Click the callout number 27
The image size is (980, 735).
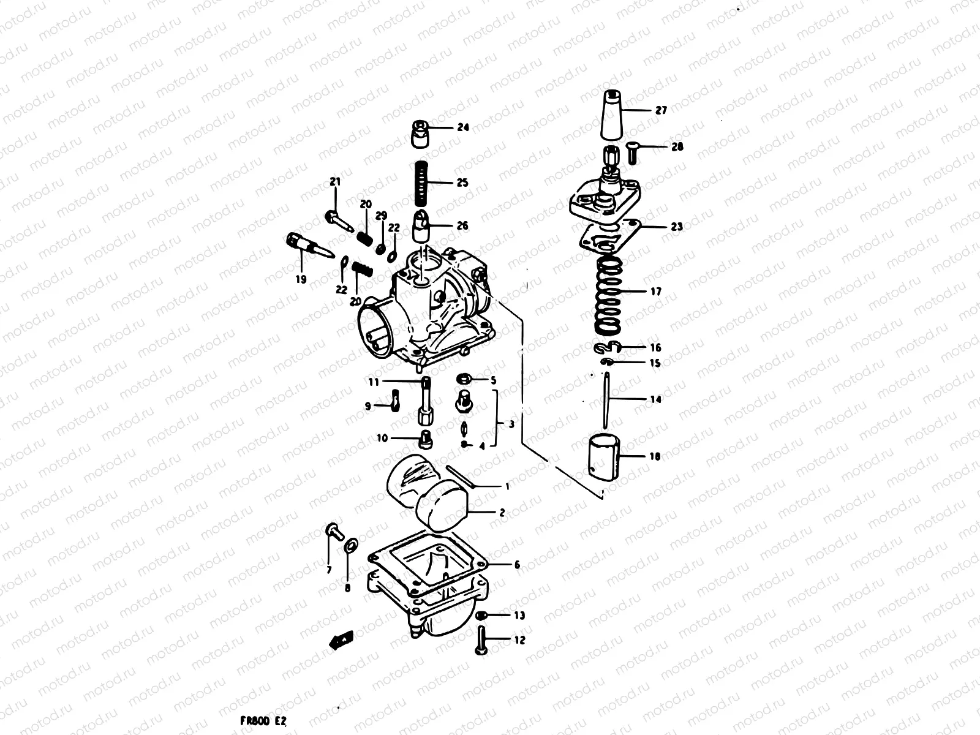pyautogui.click(x=661, y=110)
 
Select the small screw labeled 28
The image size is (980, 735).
pyautogui.click(x=633, y=151)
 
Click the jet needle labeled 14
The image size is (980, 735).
pyautogui.click(x=606, y=402)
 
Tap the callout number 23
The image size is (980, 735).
pyautogui.click(x=676, y=227)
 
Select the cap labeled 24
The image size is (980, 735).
pyautogui.click(x=420, y=134)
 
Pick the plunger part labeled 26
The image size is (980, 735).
pyautogui.click(x=421, y=226)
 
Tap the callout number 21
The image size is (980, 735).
pyautogui.click(x=334, y=181)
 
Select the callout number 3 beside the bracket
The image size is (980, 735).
pyautogui.click(x=511, y=424)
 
